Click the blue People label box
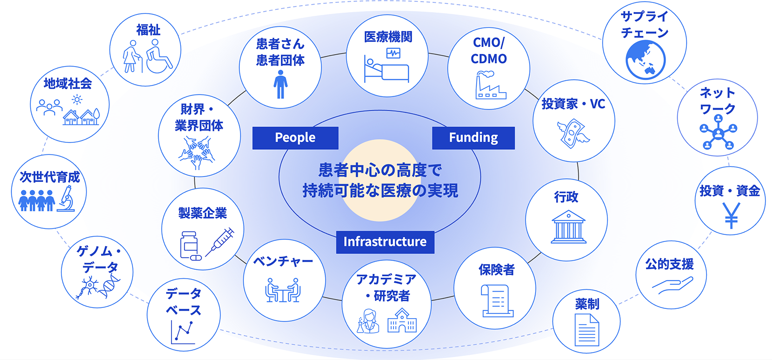point(295,138)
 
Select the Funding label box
point(473,138)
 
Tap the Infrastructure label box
point(385,242)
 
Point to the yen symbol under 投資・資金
point(731,216)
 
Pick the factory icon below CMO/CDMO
point(490,86)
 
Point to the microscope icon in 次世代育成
point(67,199)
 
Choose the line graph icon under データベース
point(183,332)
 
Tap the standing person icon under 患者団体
point(280,84)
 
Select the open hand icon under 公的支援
point(672,285)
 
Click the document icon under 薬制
point(586,330)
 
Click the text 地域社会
point(68,84)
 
